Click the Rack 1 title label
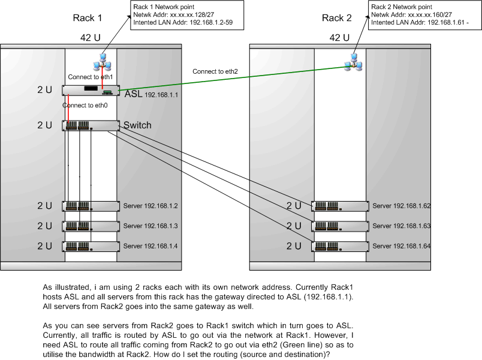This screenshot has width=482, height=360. [88, 18]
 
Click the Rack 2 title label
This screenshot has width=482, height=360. [337, 18]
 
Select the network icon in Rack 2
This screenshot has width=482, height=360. [354, 62]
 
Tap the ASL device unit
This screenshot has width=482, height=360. [91, 90]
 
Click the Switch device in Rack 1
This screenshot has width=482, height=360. [91, 126]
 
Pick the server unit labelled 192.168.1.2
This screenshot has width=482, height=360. [91, 206]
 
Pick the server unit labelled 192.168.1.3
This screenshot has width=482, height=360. [91, 226]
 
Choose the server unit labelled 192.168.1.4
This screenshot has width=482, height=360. [91, 246]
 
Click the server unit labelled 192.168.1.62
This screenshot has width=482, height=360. [340, 206]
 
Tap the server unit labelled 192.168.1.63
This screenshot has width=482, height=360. [340, 226]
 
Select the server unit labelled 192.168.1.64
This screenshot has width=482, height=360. [340, 246]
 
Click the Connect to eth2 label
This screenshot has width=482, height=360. [215, 71]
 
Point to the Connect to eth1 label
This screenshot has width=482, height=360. [91, 77]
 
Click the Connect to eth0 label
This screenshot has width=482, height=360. [85, 106]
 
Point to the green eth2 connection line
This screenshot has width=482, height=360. [240, 79]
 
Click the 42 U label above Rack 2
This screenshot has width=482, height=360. [339, 38]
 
